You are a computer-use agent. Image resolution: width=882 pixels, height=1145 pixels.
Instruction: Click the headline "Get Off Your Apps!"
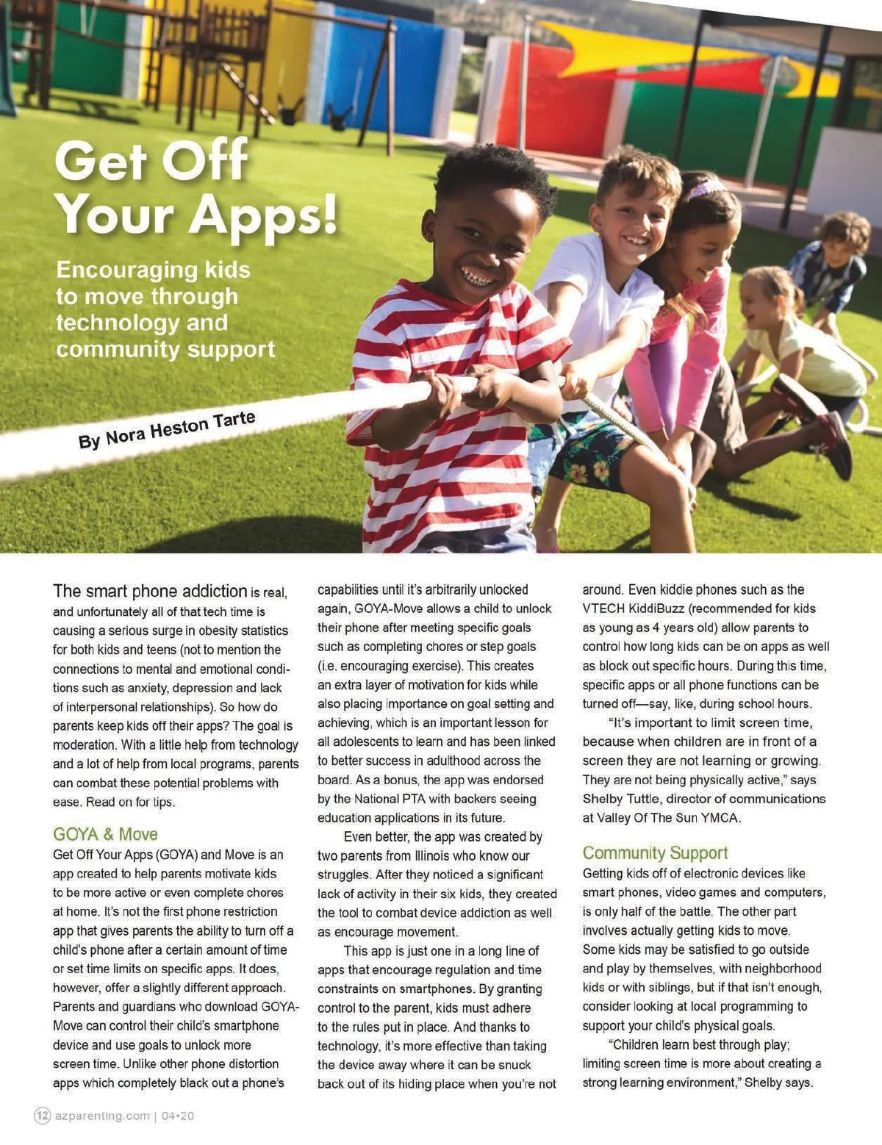[195, 187]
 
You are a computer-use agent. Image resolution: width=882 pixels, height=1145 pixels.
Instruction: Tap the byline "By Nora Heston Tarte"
[167, 431]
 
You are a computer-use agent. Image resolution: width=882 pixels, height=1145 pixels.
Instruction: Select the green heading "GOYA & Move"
[105, 834]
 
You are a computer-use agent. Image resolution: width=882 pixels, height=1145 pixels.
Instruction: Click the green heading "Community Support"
[655, 853]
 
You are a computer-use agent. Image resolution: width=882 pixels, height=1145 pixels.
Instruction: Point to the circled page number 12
[43, 1116]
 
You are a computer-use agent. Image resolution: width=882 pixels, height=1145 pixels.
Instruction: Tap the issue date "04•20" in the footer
[178, 1116]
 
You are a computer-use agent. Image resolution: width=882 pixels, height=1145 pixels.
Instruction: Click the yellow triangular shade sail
[625, 51]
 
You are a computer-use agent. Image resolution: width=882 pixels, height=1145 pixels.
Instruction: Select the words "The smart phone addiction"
[150, 591]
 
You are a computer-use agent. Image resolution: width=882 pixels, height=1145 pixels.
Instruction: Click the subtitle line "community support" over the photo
[165, 349]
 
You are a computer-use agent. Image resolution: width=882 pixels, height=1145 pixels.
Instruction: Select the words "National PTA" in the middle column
[393, 799]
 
